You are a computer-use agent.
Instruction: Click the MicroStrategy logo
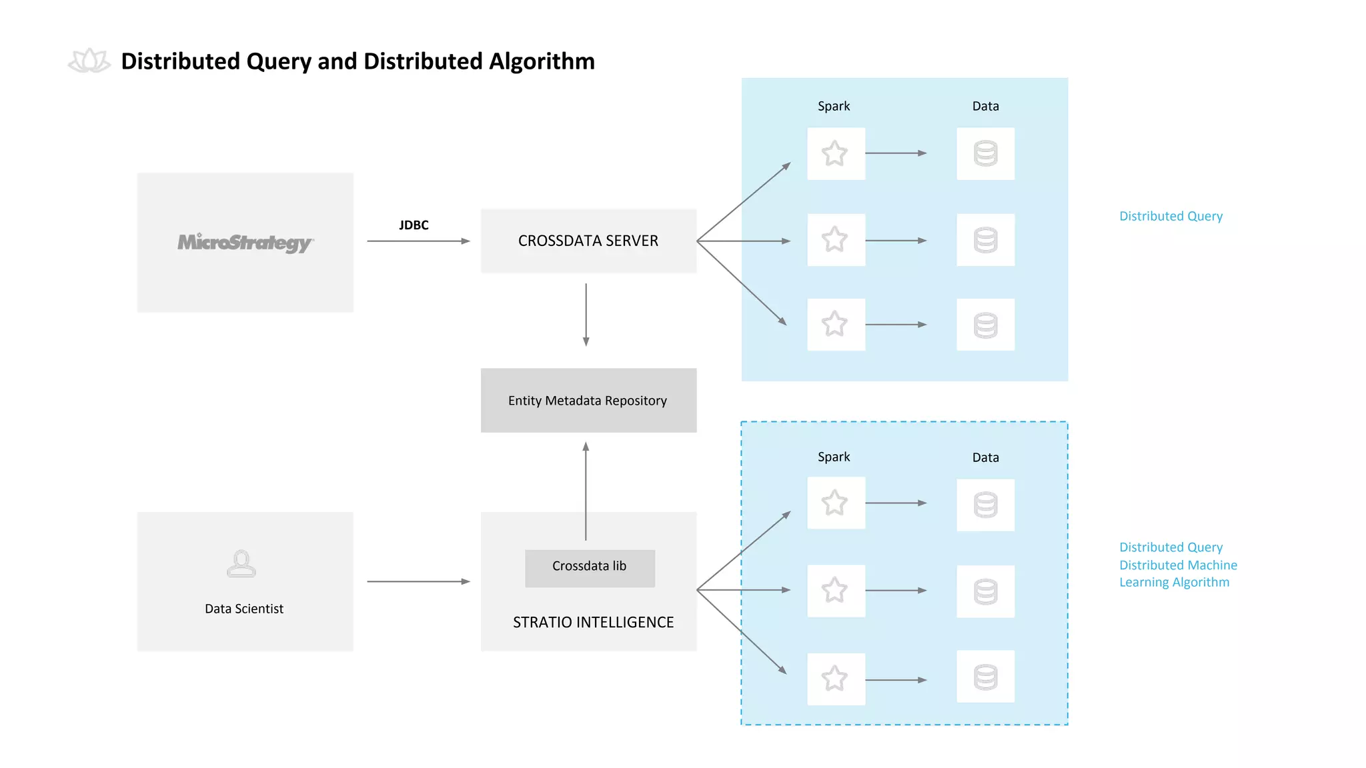point(245,242)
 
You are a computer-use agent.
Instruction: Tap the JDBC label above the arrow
point(414,225)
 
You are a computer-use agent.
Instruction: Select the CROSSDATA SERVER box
point(588,241)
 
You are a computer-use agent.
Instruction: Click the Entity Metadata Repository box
point(588,401)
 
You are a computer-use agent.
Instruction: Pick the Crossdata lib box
point(590,567)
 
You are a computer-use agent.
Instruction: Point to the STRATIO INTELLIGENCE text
point(593,622)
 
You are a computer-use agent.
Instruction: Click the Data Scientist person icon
point(241,563)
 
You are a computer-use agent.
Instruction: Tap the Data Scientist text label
point(244,609)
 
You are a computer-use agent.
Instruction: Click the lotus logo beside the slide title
point(89,61)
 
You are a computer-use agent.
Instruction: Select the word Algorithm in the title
point(542,61)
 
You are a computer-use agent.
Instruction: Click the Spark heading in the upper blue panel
point(834,106)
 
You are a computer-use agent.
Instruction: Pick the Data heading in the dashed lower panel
point(985,457)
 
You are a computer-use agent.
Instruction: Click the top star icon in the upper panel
point(835,153)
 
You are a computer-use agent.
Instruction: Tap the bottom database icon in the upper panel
point(985,325)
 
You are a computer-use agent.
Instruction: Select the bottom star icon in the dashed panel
point(835,679)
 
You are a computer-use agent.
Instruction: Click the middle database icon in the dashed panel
point(985,591)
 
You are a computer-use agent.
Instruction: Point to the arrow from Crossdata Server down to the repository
point(586,313)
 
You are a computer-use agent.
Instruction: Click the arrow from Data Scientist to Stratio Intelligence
point(418,581)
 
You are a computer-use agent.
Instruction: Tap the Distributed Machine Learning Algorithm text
point(1177,573)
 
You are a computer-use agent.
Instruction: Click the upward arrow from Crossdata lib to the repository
point(586,490)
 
